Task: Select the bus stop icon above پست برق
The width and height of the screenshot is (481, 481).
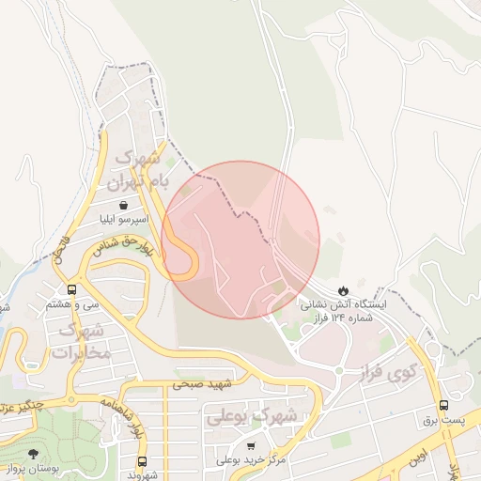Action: pos(443,405)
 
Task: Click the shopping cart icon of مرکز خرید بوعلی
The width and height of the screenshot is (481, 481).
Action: pos(251,444)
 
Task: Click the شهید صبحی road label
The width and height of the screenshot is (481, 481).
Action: pos(201,383)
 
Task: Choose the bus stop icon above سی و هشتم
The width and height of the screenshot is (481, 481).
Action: pos(72,288)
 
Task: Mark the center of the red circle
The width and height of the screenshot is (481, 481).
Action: pos(240,240)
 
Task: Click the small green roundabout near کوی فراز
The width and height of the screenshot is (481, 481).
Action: pos(338,370)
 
